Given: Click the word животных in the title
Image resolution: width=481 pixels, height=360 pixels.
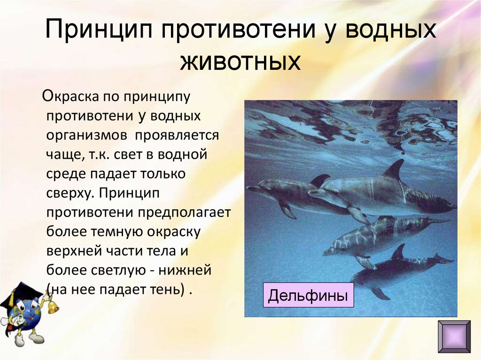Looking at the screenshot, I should pos(240,62).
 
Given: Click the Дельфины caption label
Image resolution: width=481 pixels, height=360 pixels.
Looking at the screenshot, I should pos(308,296).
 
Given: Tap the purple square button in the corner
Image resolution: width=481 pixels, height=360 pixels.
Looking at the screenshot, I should pos(454,336).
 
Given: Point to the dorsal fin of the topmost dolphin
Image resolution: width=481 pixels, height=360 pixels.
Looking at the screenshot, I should pos(394,169).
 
